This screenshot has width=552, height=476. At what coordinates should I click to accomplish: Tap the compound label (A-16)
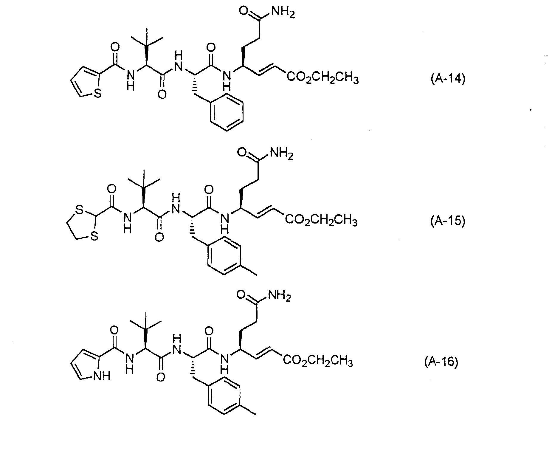tap(441, 362)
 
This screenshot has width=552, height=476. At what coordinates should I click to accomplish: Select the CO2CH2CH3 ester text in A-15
tap(321, 221)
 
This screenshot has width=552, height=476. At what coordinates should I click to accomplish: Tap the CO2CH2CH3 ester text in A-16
tap(318, 362)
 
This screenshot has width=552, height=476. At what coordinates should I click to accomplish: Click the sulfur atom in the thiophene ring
tap(98, 94)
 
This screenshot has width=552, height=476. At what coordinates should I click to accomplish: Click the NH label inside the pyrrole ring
tap(101, 376)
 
